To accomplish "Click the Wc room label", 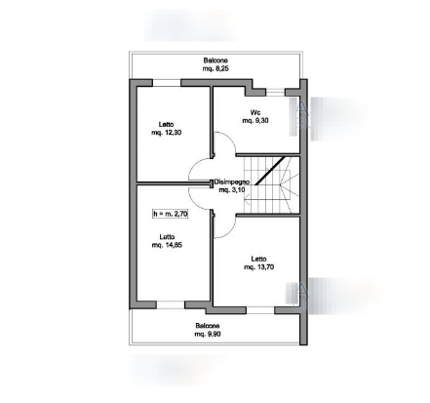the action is click(x=255, y=112).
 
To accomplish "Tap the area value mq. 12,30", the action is click(x=167, y=133).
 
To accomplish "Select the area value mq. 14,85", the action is click(x=167, y=245).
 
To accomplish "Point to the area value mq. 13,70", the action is click(x=258, y=267).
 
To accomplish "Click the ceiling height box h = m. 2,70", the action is click(x=170, y=214).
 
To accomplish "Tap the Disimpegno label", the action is click(x=231, y=181).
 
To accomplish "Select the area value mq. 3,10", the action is click(x=232, y=189).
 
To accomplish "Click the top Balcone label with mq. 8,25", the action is click(x=215, y=64).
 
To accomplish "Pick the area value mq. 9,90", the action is click(x=208, y=334).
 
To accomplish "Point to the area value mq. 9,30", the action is click(x=255, y=121).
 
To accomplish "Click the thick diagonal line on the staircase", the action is click(x=270, y=171).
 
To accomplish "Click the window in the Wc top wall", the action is click(x=275, y=93).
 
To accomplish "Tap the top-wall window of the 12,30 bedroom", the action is click(x=167, y=83).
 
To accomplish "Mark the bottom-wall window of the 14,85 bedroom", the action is click(x=171, y=304).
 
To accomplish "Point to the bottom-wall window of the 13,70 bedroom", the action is click(x=260, y=310).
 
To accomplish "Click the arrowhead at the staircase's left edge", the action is click(x=247, y=200).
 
